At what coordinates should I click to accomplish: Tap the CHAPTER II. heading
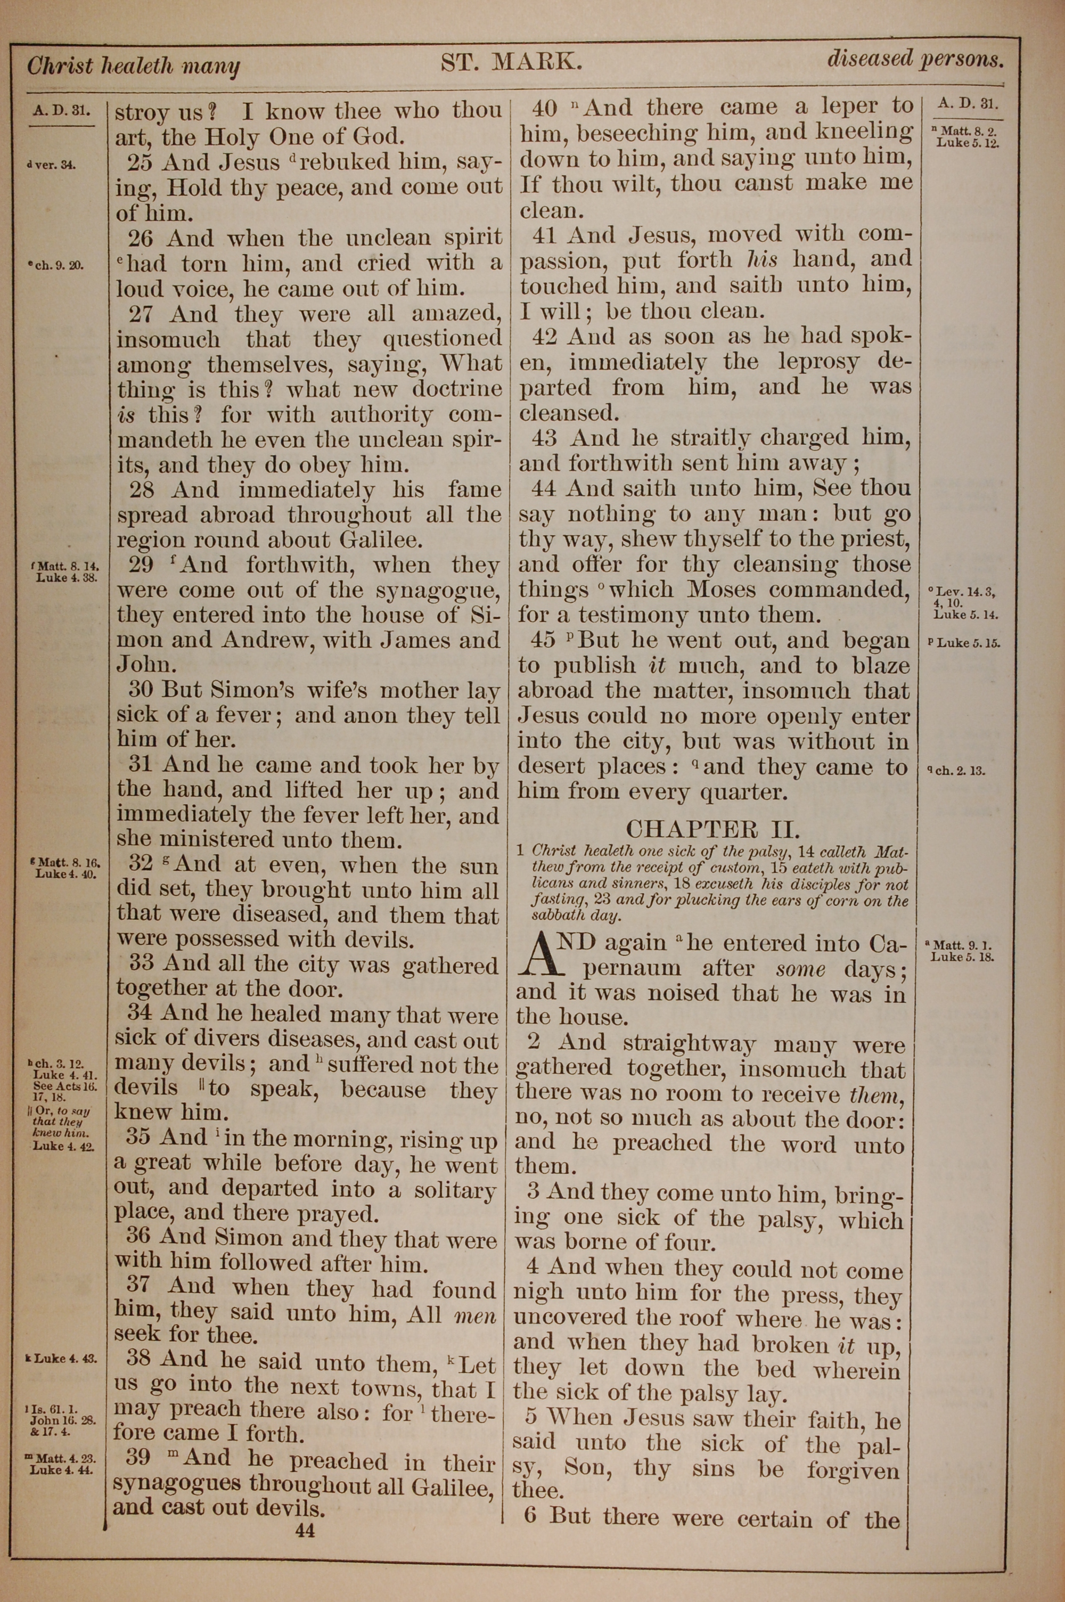(x=712, y=829)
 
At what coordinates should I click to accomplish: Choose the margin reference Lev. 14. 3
(x=965, y=592)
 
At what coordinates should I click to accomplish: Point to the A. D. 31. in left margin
(x=61, y=109)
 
